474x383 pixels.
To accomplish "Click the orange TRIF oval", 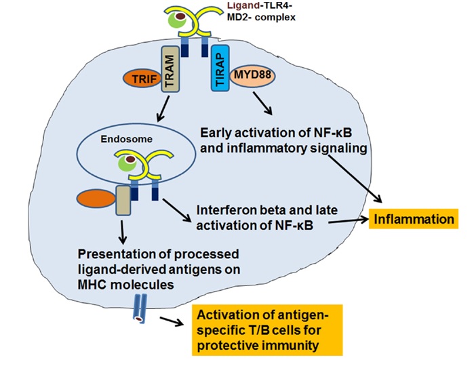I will click(138, 79).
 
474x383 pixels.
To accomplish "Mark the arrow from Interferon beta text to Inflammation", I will click(343, 220).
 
